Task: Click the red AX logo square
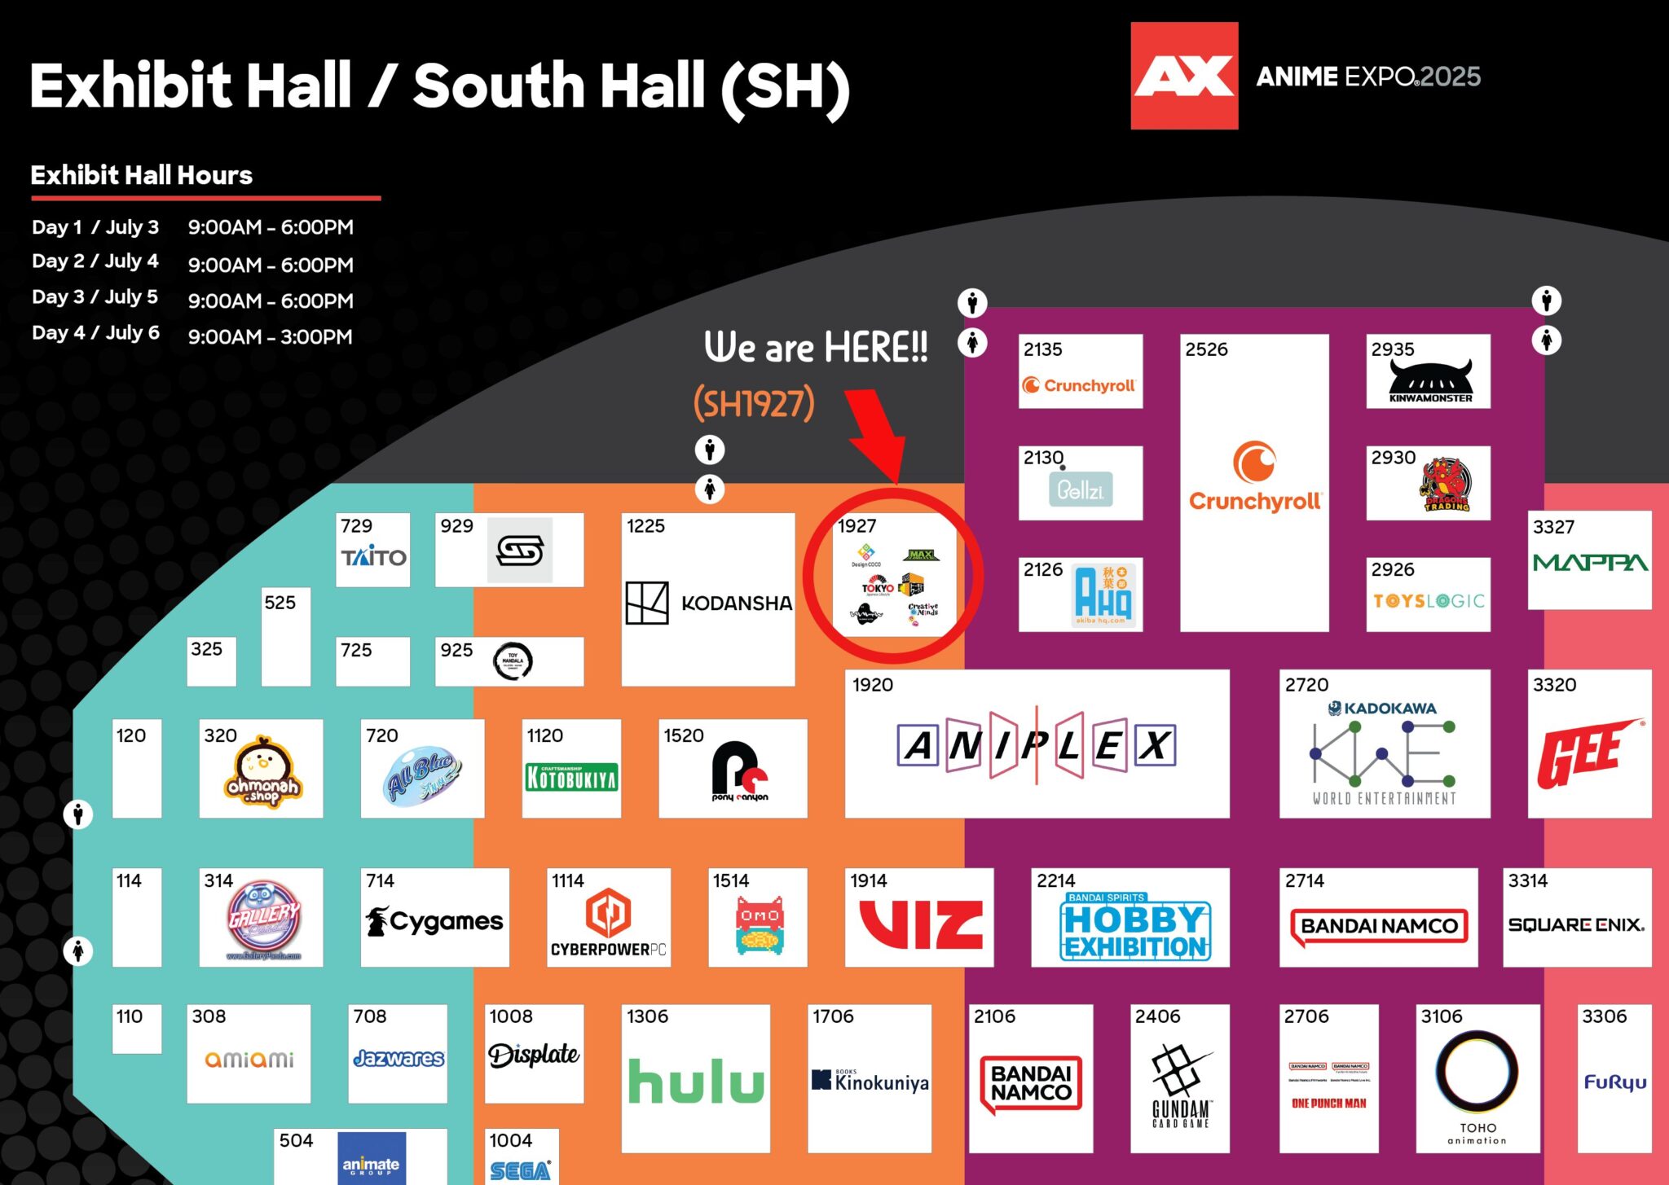[x=1183, y=76]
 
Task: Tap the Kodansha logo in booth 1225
[x=708, y=603]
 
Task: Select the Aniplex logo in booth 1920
[x=1036, y=745]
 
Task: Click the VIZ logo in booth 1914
[x=921, y=924]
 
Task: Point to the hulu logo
[x=696, y=1082]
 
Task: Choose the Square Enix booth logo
[x=1576, y=924]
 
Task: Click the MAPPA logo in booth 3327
[x=1590, y=563]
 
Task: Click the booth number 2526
[x=1206, y=349]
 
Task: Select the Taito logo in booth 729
[x=373, y=557]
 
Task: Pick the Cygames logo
[x=434, y=921]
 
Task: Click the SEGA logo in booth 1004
[x=520, y=1170]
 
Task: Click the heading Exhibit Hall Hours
[x=142, y=175]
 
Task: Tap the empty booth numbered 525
[x=285, y=643]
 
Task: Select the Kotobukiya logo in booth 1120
[x=571, y=778]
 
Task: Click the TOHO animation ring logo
[x=1477, y=1072]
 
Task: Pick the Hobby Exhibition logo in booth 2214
[x=1135, y=927]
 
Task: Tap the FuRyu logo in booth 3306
[x=1614, y=1082]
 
